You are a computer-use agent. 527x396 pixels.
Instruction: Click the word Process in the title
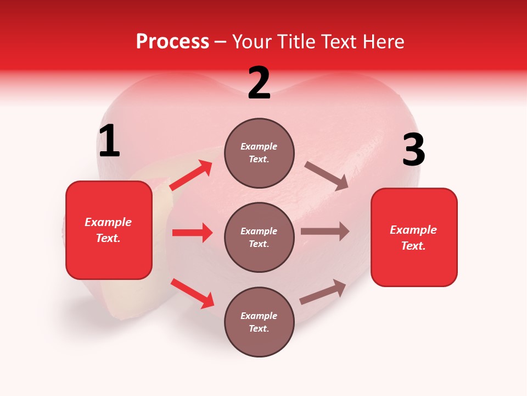coord(172,42)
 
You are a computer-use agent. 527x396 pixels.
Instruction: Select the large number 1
coord(109,141)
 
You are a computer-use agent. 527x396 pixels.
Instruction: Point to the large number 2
coord(259,83)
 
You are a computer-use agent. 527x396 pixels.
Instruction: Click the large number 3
coord(413,150)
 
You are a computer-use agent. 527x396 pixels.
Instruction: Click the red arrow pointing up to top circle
coord(191,175)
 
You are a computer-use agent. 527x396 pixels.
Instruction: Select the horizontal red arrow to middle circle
coord(192,233)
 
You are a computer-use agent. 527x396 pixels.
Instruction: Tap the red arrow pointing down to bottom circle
coord(192,293)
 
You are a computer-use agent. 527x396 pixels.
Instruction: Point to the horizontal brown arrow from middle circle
coord(325,232)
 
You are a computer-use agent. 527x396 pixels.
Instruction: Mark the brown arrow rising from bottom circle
coord(323,292)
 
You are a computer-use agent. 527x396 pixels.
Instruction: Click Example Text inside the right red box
coord(413,238)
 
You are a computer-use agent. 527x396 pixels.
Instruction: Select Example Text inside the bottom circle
coord(259,322)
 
